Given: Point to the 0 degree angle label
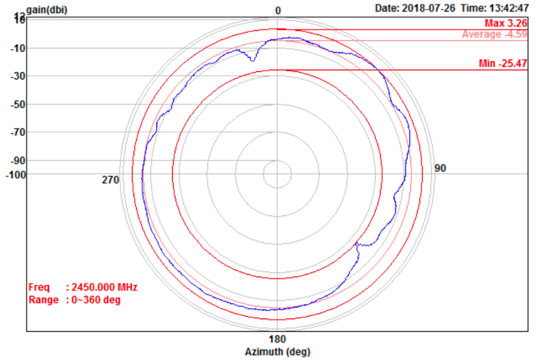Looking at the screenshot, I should (x=278, y=10).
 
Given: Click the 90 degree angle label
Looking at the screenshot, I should (x=440, y=168).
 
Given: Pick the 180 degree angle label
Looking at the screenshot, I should (x=277, y=339).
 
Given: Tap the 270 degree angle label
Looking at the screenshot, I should (x=110, y=180).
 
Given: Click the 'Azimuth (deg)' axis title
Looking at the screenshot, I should (x=277, y=352).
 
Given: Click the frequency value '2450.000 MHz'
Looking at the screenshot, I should (x=104, y=287).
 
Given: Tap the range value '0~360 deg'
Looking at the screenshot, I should (x=96, y=300).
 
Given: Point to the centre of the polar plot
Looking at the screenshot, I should (x=277, y=174).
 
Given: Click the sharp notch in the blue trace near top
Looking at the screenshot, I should (x=252, y=61).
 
